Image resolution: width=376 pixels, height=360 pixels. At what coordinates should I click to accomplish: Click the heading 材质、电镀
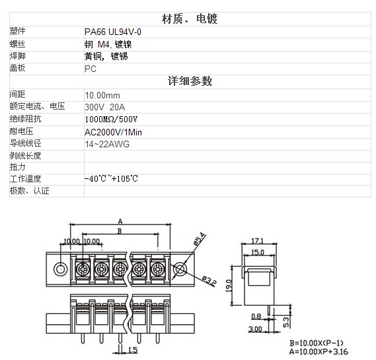coord(190,19)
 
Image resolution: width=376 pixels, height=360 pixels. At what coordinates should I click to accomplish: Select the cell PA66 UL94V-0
coord(113,32)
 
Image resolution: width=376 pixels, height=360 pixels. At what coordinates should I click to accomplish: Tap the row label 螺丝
coord(17,44)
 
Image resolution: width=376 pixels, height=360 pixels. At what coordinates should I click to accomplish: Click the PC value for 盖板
coord(91,69)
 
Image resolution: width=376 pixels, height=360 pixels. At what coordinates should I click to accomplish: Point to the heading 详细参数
coord(190,81)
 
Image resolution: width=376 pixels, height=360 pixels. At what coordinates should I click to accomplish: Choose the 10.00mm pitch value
coord(102,95)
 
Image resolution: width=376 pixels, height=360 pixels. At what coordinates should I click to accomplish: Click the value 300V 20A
coord(105,107)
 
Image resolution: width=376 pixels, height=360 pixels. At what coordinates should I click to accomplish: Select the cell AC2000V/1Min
coord(113,132)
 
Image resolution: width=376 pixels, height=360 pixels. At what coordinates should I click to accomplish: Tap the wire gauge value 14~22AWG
coord(107,144)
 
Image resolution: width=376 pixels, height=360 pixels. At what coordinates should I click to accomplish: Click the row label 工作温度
coord(25,179)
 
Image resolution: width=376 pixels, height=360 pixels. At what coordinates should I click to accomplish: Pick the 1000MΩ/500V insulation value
coord(111,119)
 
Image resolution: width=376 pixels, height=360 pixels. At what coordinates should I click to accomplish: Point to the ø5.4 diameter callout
coord(200,239)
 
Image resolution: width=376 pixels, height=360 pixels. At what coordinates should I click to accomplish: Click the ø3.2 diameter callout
coord(209,281)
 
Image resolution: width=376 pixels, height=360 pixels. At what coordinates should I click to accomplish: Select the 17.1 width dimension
coord(257,240)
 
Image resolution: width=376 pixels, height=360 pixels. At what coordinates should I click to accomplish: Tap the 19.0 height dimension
coord(229,286)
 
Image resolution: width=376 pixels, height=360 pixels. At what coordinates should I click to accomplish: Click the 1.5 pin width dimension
coord(133,350)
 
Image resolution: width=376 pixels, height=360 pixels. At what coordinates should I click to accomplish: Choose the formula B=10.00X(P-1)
coord(317,343)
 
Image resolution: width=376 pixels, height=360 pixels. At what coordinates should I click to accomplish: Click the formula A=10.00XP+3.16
coord(319,351)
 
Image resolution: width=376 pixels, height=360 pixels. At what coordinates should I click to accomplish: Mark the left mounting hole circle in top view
coord(60,269)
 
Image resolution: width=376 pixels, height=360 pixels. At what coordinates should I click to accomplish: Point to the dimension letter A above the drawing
coord(120,221)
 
